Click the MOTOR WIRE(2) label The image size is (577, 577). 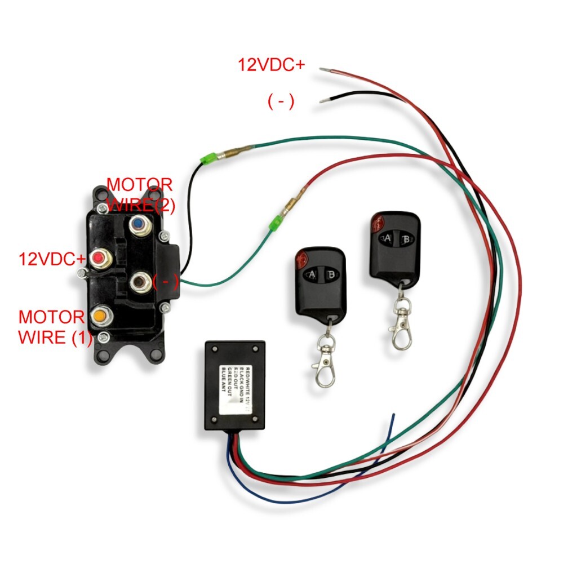[x=140, y=195]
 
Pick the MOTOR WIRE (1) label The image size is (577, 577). [x=52, y=327]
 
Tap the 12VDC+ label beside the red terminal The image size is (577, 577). [x=52, y=259]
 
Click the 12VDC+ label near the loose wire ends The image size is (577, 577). [x=271, y=65]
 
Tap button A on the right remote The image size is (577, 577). [x=388, y=238]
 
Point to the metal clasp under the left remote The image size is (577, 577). [x=325, y=363]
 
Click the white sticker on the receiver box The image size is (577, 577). [x=236, y=389]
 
